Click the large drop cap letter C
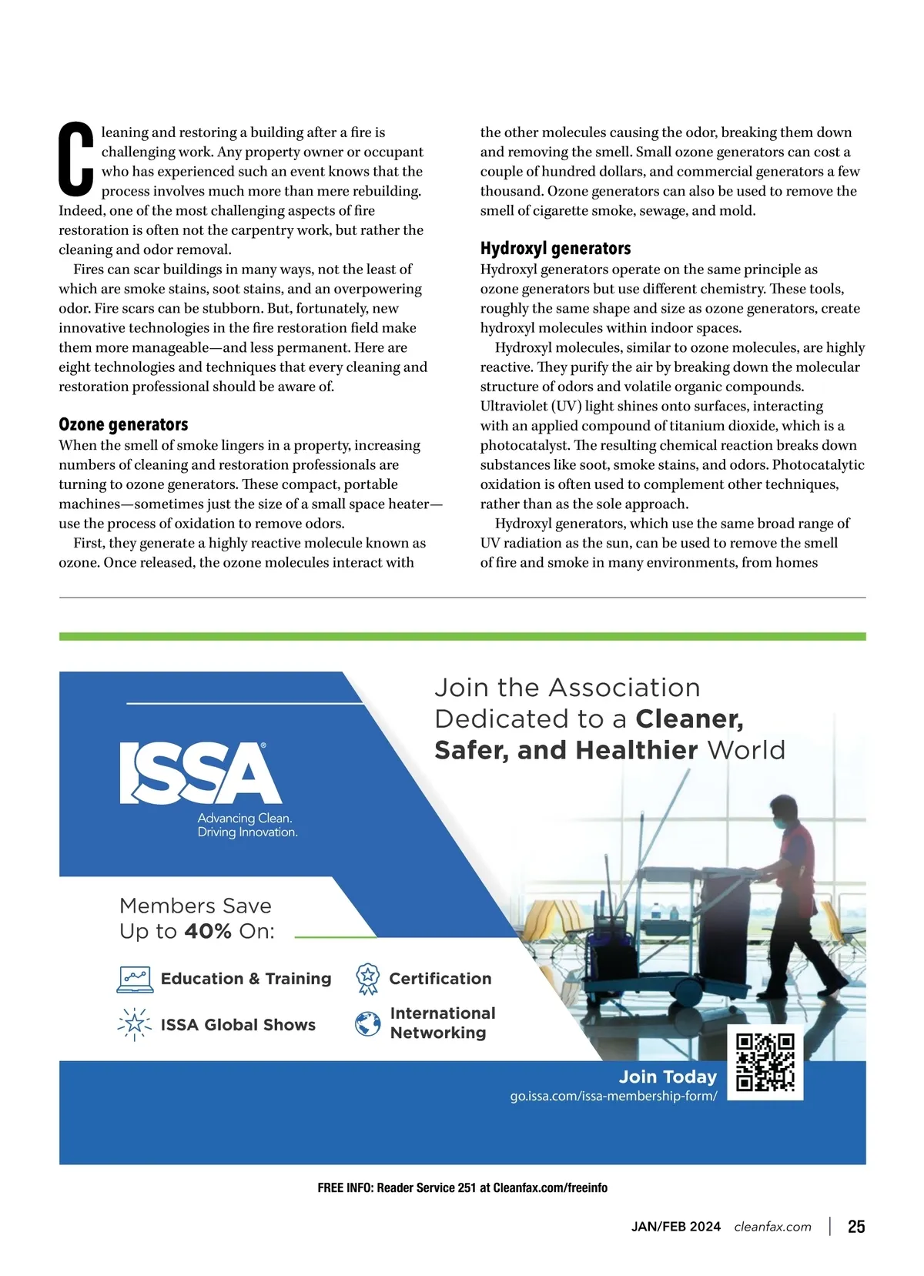pos(76,159)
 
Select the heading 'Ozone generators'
pos(123,424)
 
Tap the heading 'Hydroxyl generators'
pos(555,248)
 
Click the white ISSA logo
pos(200,773)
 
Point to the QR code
pos(765,1062)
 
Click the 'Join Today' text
pos(668,1077)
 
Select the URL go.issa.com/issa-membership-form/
pos(613,1096)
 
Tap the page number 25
pos(856,1227)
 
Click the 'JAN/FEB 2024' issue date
pos(675,1227)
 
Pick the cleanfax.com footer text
pos(772,1227)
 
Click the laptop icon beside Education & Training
pos(135,979)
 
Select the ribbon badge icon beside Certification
pos(368,979)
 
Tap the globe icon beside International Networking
pos(368,1023)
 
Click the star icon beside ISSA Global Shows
pos(135,1023)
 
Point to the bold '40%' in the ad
pos(208,931)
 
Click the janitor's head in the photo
pos(785,810)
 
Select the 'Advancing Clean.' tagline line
pos(245,818)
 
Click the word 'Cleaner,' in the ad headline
pos(689,718)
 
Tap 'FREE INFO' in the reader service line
pos(344,1187)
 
